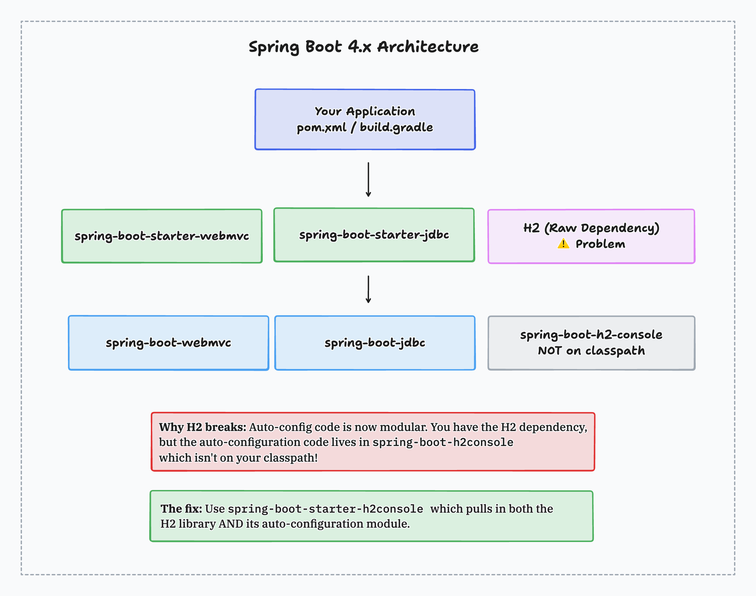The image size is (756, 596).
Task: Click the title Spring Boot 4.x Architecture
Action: coord(364,47)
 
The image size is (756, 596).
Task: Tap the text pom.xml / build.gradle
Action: coord(365,127)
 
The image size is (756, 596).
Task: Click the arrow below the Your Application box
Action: coord(368,179)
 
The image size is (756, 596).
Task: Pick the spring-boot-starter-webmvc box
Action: coord(162,236)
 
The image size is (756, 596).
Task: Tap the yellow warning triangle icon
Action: coord(563,244)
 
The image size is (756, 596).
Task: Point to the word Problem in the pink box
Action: coord(600,244)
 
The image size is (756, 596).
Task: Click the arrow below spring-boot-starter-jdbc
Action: coord(368,289)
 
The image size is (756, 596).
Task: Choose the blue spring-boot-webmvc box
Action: coord(168,343)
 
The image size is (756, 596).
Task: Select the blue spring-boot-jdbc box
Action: coord(375,343)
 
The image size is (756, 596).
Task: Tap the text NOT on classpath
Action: coord(591,351)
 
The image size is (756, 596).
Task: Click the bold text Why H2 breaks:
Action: coord(202,427)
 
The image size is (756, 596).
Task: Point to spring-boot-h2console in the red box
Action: coord(443,442)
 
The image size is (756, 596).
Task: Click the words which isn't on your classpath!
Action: coord(238,458)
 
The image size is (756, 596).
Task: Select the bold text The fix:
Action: coord(181,509)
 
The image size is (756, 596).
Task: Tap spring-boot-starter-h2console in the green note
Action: coord(325,509)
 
